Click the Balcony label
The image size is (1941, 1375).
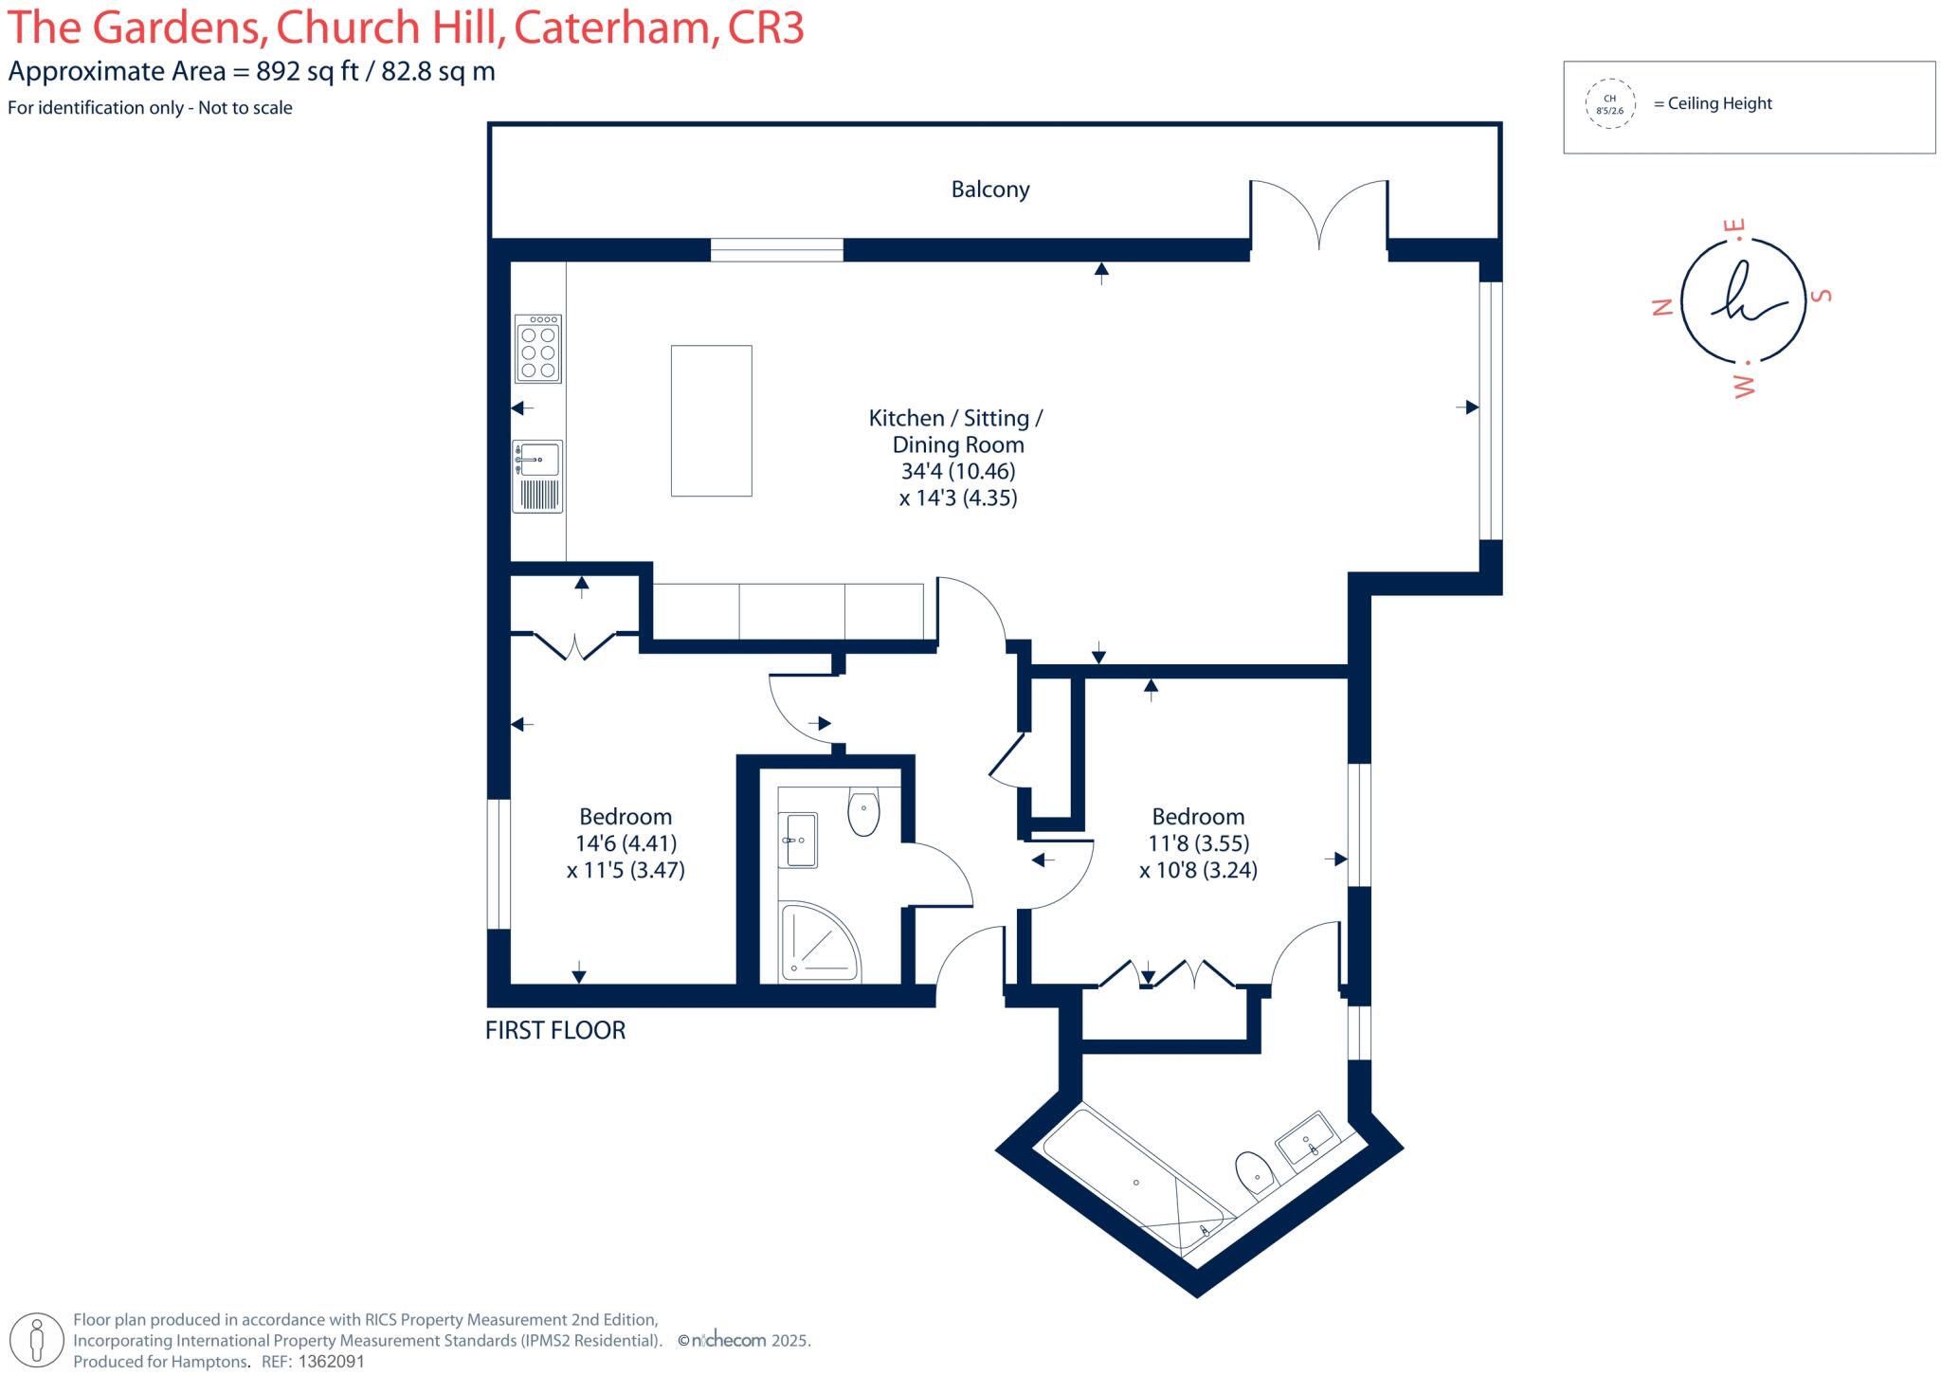pyautogui.click(x=989, y=190)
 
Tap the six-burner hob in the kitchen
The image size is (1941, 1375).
pyautogui.click(x=537, y=349)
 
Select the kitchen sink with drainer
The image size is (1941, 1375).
pyautogui.click(x=537, y=477)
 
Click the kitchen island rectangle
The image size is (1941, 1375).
pyautogui.click(x=711, y=421)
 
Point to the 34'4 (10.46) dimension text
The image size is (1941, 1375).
pyautogui.click(x=957, y=471)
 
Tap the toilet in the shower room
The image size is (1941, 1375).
pyautogui.click(x=863, y=812)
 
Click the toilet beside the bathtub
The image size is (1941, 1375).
pyautogui.click(x=1255, y=1175)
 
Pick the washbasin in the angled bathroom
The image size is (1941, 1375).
pyautogui.click(x=1307, y=1138)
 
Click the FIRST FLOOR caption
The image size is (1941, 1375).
pyautogui.click(x=555, y=1030)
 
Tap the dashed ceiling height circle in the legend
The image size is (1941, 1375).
pyautogui.click(x=1609, y=104)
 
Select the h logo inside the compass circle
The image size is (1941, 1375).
pyautogui.click(x=1743, y=296)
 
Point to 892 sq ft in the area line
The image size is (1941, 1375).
pyautogui.click(x=307, y=72)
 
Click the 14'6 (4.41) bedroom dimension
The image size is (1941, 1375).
pyautogui.click(x=626, y=843)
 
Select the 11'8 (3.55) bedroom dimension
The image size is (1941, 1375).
pyautogui.click(x=1198, y=843)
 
